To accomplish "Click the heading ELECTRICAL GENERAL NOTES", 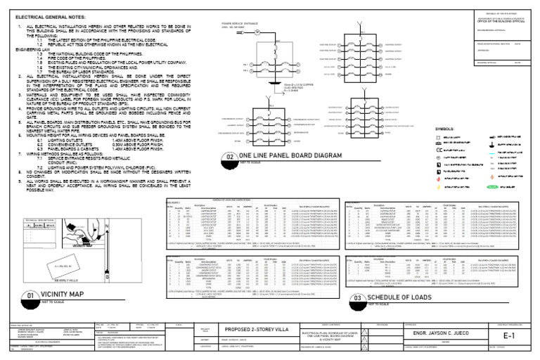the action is click(47, 14).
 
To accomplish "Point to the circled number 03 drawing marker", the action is click(356, 298).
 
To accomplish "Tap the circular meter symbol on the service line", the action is click(257, 32).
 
